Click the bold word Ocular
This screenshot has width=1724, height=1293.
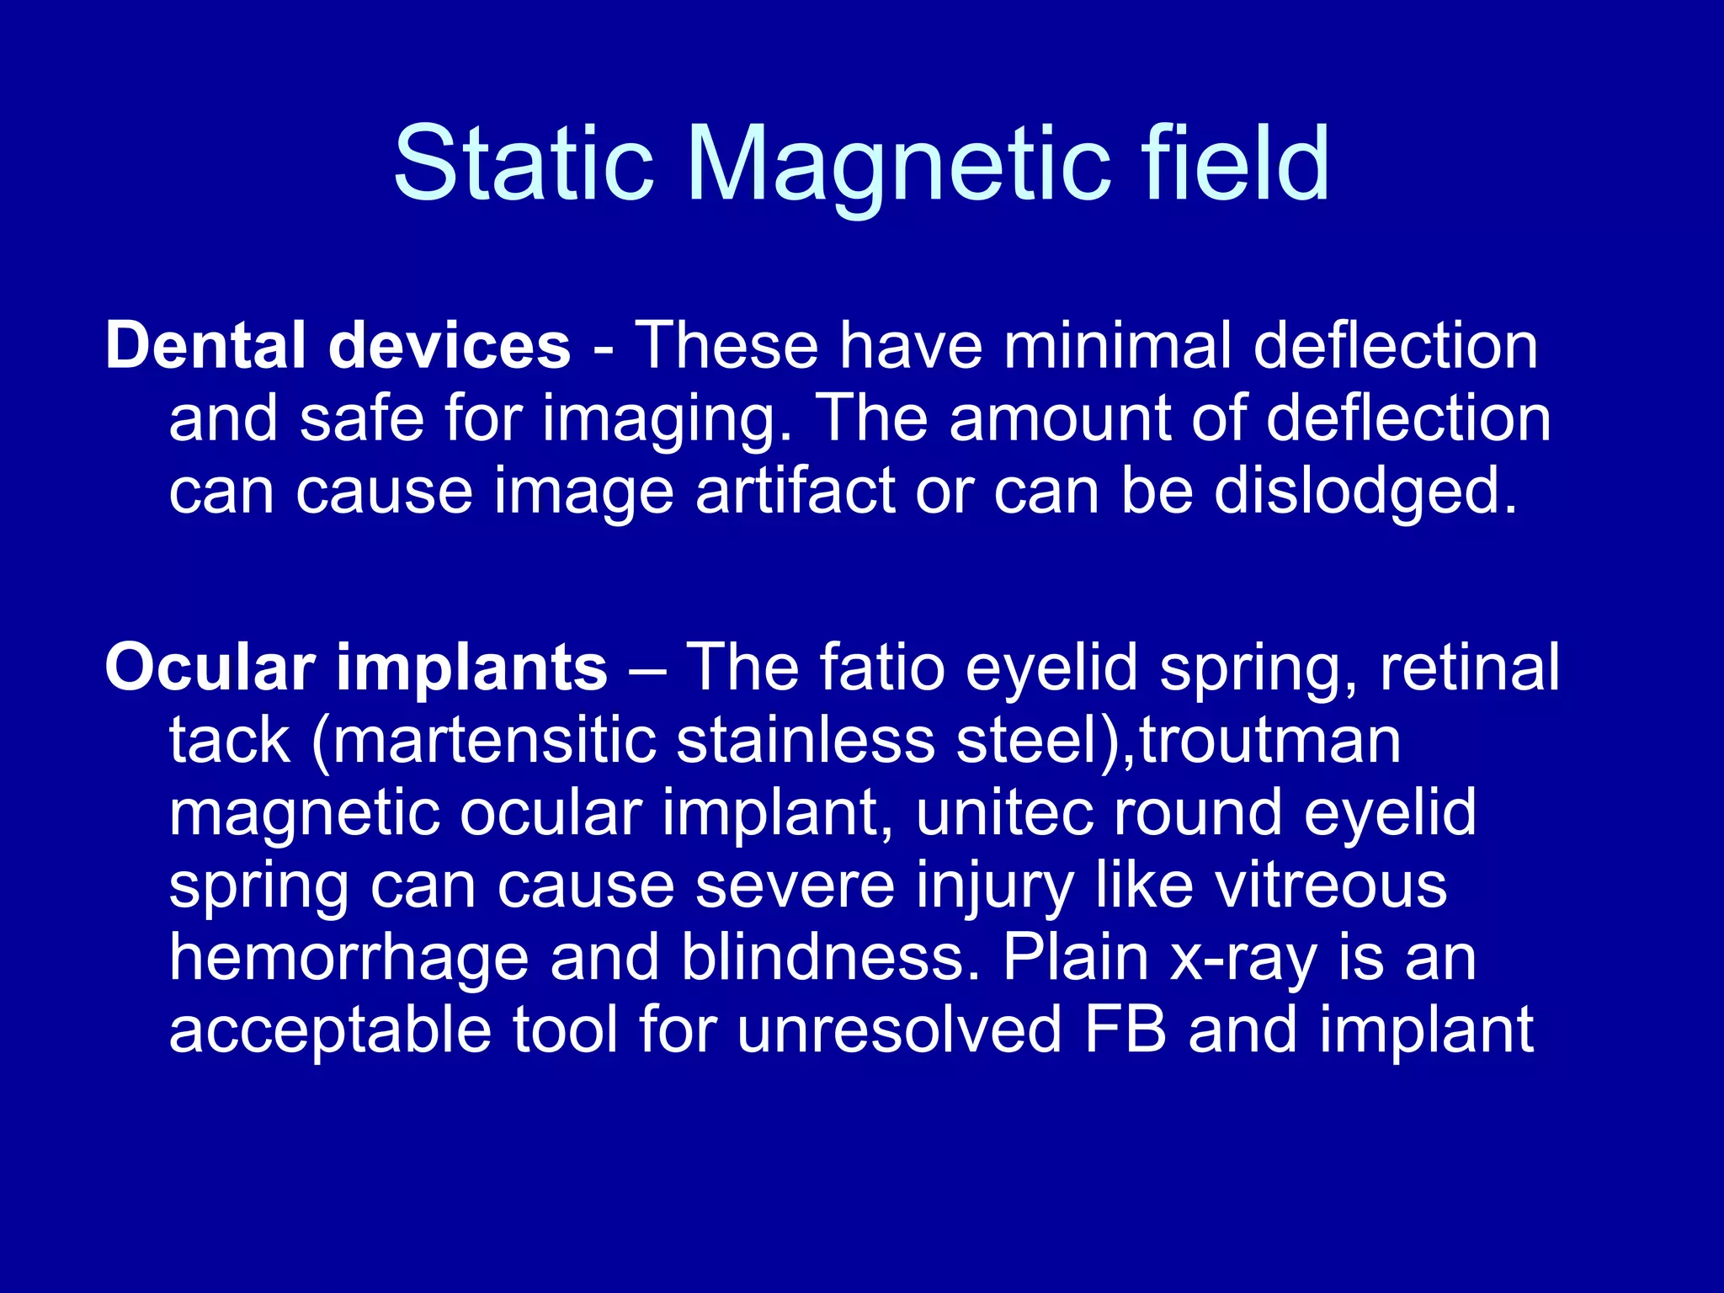[210, 668]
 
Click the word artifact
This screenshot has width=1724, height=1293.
[795, 491]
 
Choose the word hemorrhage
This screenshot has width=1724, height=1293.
[349, 958]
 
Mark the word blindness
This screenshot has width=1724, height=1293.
[830, 958]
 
